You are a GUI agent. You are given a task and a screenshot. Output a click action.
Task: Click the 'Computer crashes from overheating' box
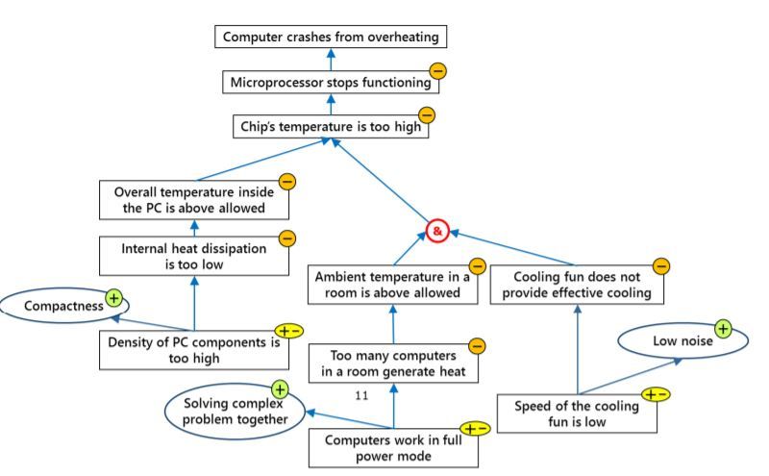pos(330,38)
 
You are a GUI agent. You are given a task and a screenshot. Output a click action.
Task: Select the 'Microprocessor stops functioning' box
pos(330,83)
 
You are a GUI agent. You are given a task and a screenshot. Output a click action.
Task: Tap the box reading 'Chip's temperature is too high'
pos(329,127)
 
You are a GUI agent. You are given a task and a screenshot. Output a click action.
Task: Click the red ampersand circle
pos(437,231)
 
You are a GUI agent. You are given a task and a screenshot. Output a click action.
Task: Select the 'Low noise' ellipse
pos(670,342)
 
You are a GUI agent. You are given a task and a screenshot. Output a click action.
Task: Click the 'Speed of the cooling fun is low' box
pos(576,413)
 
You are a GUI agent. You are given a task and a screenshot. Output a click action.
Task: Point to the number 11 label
pos(362,395)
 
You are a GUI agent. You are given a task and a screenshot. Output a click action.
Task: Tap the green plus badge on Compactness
pos(114,297)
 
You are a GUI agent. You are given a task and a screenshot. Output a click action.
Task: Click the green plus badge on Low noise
pos(722,330)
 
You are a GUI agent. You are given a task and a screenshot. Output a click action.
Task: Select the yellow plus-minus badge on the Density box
pos(289,332)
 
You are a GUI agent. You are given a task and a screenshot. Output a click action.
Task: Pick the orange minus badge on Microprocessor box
pos(437,70)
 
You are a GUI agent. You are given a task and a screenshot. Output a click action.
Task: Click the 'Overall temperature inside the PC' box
pos(194,200)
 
